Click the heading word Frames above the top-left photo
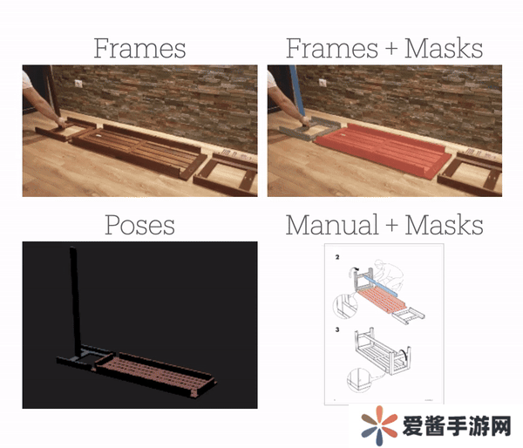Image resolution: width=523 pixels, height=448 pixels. (139, 48)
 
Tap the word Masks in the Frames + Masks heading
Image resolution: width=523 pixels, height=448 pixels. (444, 48)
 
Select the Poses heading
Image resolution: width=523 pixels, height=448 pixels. (139, 225)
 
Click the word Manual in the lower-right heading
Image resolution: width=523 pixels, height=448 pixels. (332, 225)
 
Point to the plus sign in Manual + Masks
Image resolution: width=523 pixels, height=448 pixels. (391, 225)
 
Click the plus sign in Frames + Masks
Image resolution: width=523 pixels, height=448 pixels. (391, 48)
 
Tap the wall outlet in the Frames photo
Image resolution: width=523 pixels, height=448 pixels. (78, 84)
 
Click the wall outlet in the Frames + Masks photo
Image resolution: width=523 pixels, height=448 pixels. (323, 83)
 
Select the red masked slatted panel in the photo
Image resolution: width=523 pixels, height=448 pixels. (382, 149)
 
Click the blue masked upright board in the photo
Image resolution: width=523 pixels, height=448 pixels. (297, 91)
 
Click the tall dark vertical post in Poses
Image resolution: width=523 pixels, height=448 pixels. (75, 300)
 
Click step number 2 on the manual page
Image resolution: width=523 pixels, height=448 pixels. (337, 257)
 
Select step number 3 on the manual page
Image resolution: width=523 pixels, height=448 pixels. (337, 329)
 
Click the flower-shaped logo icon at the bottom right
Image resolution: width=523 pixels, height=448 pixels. (379, 425)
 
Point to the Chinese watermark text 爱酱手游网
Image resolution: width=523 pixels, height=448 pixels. (457, 426)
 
